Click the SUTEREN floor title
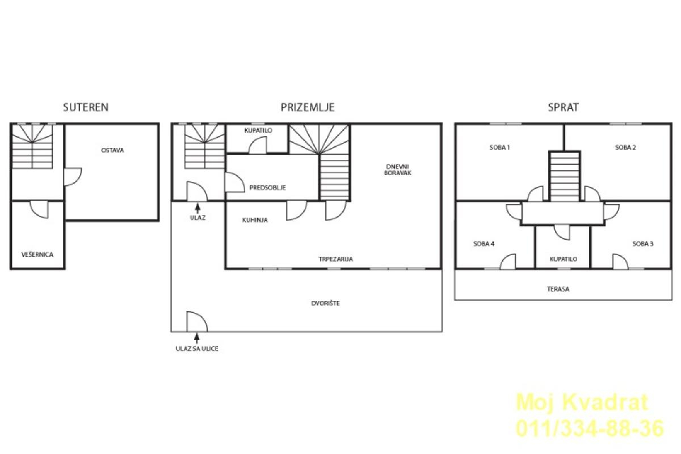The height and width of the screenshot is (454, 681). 86,107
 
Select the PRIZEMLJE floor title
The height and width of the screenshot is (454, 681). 308,107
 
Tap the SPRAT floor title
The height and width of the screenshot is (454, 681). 563,107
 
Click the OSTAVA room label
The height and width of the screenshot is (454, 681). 112,150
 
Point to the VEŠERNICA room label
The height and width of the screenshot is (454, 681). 37,254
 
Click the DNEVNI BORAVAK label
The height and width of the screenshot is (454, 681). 398,170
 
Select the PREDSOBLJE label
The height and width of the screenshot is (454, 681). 267,188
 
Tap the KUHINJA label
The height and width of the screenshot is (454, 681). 255,220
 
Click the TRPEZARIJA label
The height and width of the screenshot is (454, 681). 335,259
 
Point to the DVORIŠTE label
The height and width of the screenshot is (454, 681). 325,303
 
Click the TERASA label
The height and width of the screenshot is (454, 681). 558,289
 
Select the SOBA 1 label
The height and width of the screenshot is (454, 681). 500,147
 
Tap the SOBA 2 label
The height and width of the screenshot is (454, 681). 625,147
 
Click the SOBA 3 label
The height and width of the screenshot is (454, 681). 643,244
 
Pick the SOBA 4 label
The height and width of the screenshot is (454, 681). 484,244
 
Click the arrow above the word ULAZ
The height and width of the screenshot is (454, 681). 197,209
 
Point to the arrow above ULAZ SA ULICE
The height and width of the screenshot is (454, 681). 197,338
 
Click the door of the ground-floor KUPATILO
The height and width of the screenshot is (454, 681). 258,145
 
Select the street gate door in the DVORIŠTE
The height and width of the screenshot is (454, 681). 197,321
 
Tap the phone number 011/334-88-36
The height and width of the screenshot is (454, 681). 590,429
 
